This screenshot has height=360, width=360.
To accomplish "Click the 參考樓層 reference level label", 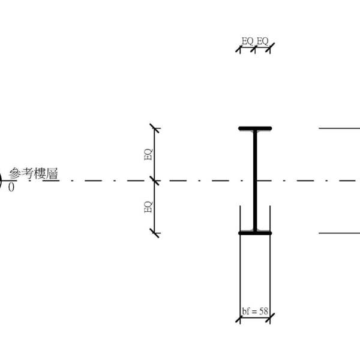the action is click(x=33, y=173).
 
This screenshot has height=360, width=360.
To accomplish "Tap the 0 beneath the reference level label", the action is click(x=11, y=187).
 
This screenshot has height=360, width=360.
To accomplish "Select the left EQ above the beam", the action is click(x=247, y=41).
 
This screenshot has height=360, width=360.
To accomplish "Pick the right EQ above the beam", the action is click(x=262, y=41).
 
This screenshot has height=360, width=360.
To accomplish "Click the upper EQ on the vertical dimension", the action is click(x=148, y=154).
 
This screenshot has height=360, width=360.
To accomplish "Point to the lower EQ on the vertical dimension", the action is click(x=148, y=207).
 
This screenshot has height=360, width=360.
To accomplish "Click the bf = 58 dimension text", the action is click(x=255, y=311).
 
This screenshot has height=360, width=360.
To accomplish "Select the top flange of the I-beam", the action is click(x=255, y=128).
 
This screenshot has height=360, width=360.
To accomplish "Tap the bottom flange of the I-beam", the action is click(x=255, y=233).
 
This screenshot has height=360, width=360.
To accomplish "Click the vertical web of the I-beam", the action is click(x=255, y=181).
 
